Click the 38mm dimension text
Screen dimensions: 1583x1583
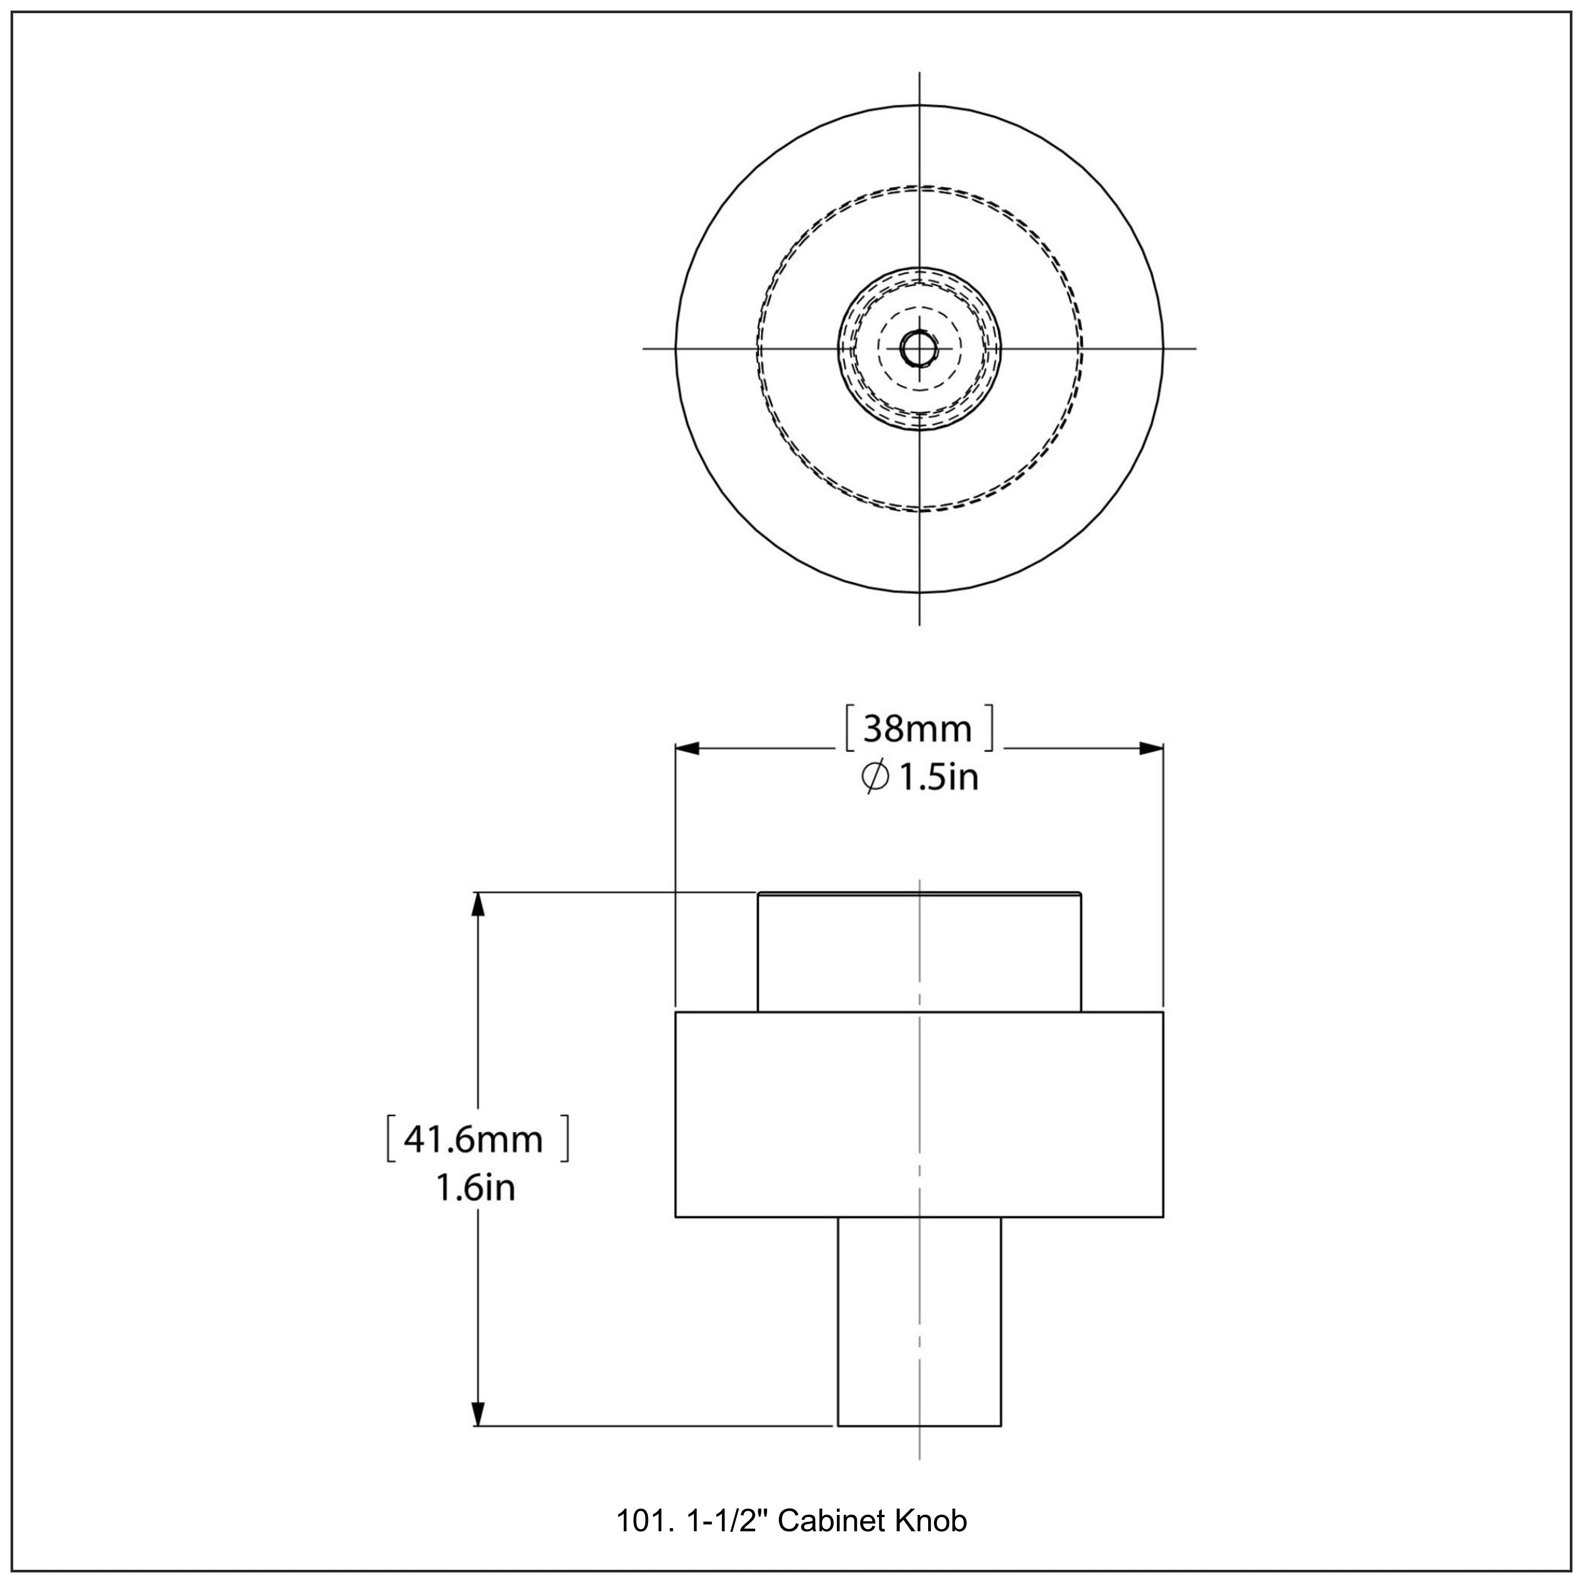[x=917, y=728]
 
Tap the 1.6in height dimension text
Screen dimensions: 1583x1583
[x=475, y=1188]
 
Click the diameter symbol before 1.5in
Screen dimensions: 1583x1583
[x=874, y=777]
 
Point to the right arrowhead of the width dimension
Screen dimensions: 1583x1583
[x=1152, y=748]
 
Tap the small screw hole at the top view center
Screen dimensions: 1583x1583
[x=919, y=348]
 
